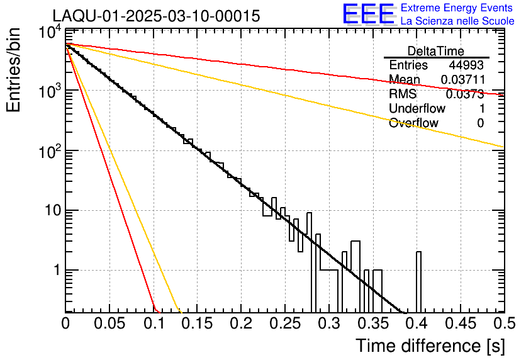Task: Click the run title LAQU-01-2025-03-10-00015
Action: (x=156, y=16)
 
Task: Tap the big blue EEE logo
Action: (x=369, y=14)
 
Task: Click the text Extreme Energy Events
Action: (x=457, y=8)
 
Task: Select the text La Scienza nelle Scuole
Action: (x=457, y=21)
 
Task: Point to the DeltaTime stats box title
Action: (x=436, y=51)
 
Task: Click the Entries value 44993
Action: (x=466, y=65)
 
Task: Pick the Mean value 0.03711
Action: (x=462, y=80)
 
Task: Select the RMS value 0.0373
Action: (x=464, y=94)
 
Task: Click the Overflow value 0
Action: (x=480, y=123)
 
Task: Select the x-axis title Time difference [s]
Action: (x=430, y=346)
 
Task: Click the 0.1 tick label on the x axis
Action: (x=153, y=323)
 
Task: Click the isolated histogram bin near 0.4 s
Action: (x=418, y=281)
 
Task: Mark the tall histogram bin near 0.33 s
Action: (x=355, y=276)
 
